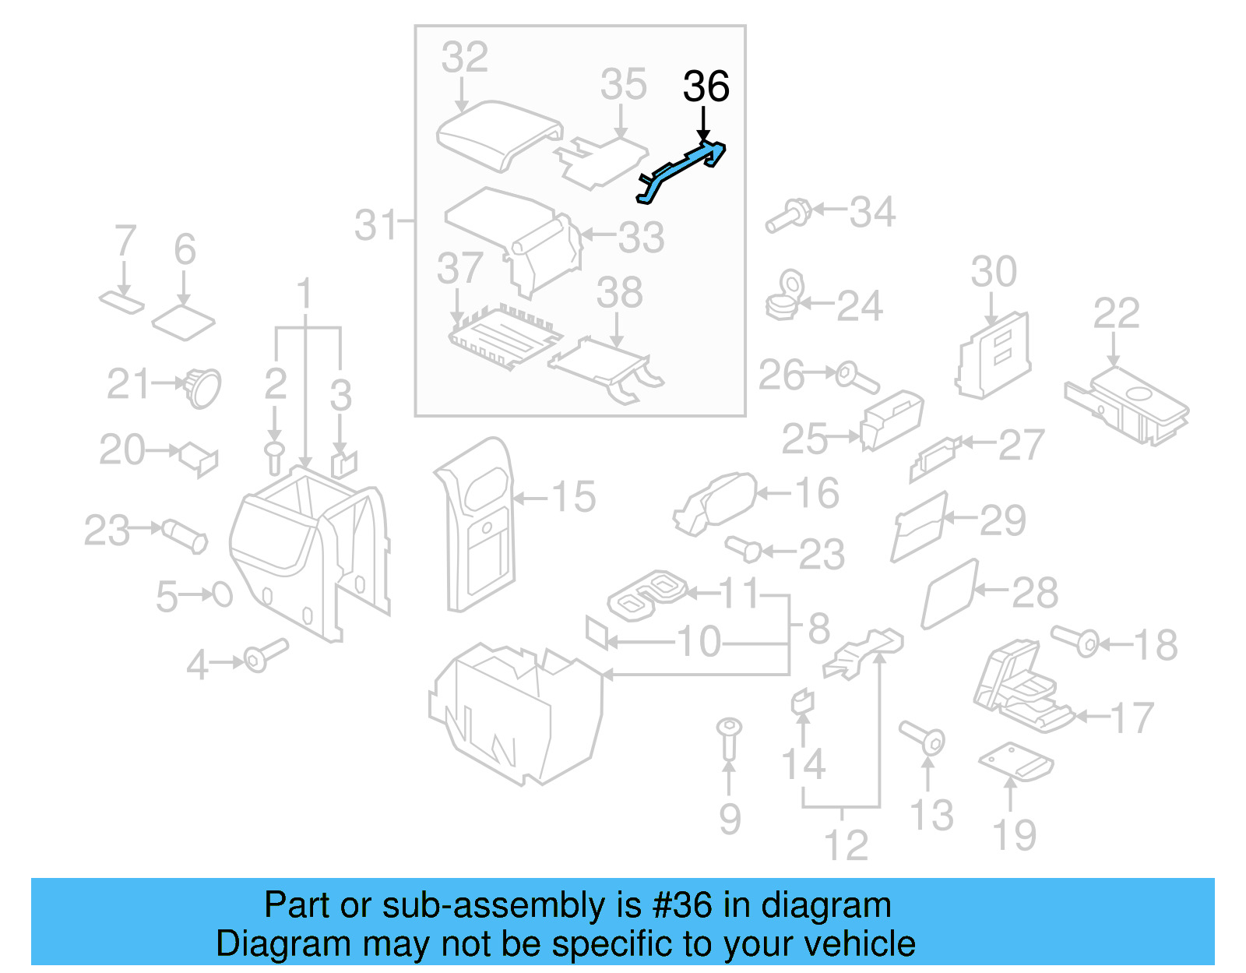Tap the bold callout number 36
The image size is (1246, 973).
click(x=706, y=86)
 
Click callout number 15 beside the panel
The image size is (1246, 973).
click(x=573, y=497)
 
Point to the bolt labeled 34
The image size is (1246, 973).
click(x=788, y=216)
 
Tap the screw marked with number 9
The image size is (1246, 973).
click(x=729, y=737)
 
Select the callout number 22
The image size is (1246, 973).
click(x=1116, y=314)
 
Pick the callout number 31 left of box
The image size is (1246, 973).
click(x=377, y=225)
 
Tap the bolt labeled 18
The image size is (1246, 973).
click(x=1075, y=640)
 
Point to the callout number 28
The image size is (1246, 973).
click(x=1034, y=594)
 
